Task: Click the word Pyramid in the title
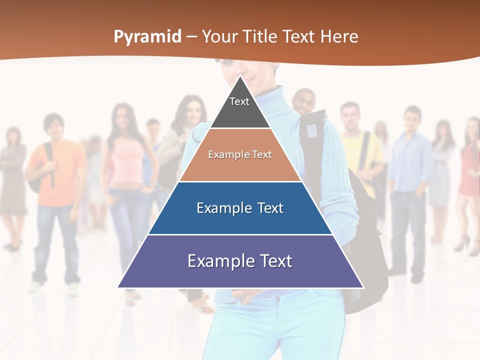click(147, 37)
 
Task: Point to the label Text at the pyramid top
click(239, 101)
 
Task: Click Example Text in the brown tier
click(240, 154)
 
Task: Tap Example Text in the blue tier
click(240, 208)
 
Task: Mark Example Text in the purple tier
click(240, 261)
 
